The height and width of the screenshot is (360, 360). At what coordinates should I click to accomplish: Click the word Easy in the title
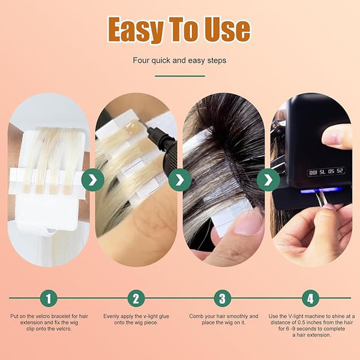[x=136, y=29]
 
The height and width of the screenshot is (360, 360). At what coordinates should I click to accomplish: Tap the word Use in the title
[x=227, y=29]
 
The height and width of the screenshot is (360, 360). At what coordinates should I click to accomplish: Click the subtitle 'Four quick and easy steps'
[x=179, y=61]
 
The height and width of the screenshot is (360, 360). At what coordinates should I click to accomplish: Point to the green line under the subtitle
[x=180, y=76]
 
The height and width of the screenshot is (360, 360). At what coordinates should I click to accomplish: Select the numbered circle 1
[x=49, y=298]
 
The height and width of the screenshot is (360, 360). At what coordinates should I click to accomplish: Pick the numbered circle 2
[x=136, y=298]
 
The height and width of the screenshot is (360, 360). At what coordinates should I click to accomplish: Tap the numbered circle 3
[x=222, y=298]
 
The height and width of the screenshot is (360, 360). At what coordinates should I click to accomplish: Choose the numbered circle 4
[x=310, y=298]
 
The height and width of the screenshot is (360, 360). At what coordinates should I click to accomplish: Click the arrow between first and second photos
[x=93, y=180]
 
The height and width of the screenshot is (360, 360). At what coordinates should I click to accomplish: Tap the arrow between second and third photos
[x=180, y=180]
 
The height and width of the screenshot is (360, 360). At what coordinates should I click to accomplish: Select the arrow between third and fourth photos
[x=268, y=180]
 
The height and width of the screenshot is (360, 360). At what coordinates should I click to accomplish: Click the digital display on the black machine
[x=326, y=172]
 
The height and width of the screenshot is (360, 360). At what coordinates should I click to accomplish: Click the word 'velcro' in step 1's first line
[x=42, y=316]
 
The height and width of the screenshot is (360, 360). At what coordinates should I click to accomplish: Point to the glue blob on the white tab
[x=131, y=126]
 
